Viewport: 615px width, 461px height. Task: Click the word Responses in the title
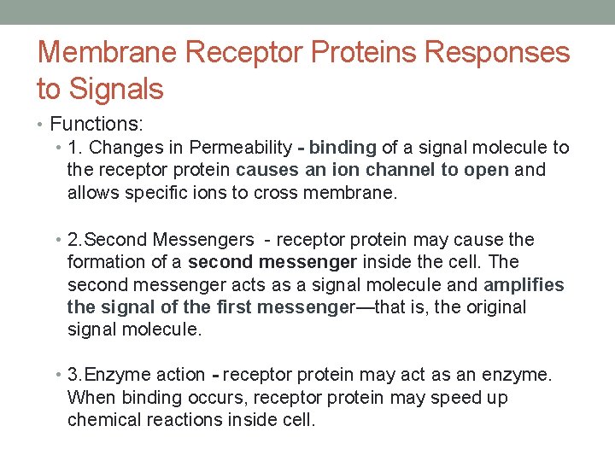(x=496, y=52)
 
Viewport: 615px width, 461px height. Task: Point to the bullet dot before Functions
(x=43, y=125)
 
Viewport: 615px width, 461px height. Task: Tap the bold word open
(x=487, y=170)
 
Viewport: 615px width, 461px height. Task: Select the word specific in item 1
(x=156, y=192)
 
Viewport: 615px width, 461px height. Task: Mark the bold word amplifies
(x=524, y=284)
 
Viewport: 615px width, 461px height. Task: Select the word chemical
(x=104, y=420)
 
